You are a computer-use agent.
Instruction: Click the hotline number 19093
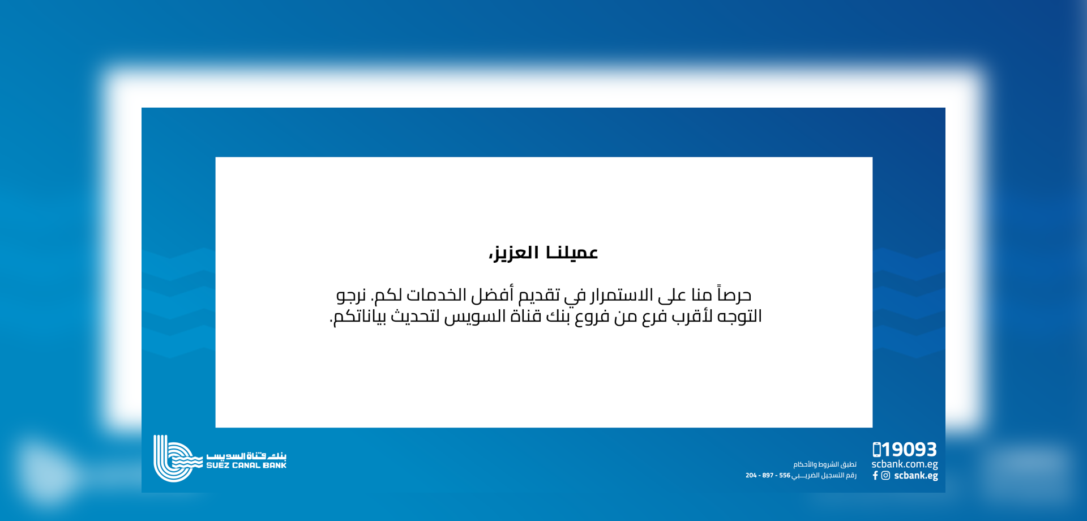(x=909, y=450)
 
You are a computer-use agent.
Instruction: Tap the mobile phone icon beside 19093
(x=876, y=450)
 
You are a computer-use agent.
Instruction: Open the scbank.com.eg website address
(x=905, y=464)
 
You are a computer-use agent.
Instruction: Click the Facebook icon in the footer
(x=875, y=476)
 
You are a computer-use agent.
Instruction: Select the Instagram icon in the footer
(x=885, y=476)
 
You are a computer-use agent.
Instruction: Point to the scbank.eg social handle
(x=916, y=476)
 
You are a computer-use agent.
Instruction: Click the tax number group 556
(x=785, y=475)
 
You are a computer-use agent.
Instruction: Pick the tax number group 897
(x=768, y=475)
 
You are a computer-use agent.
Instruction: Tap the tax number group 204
(x=751, y=475)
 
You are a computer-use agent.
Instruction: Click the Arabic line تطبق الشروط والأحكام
(x=825, y=464)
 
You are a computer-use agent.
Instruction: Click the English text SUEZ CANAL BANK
(x=246, y=466)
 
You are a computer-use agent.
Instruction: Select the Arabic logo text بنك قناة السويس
(x=246, y=456)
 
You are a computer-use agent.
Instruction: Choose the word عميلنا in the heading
(x=572, y=253)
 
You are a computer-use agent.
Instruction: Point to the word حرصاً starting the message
(x=734, y=294)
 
